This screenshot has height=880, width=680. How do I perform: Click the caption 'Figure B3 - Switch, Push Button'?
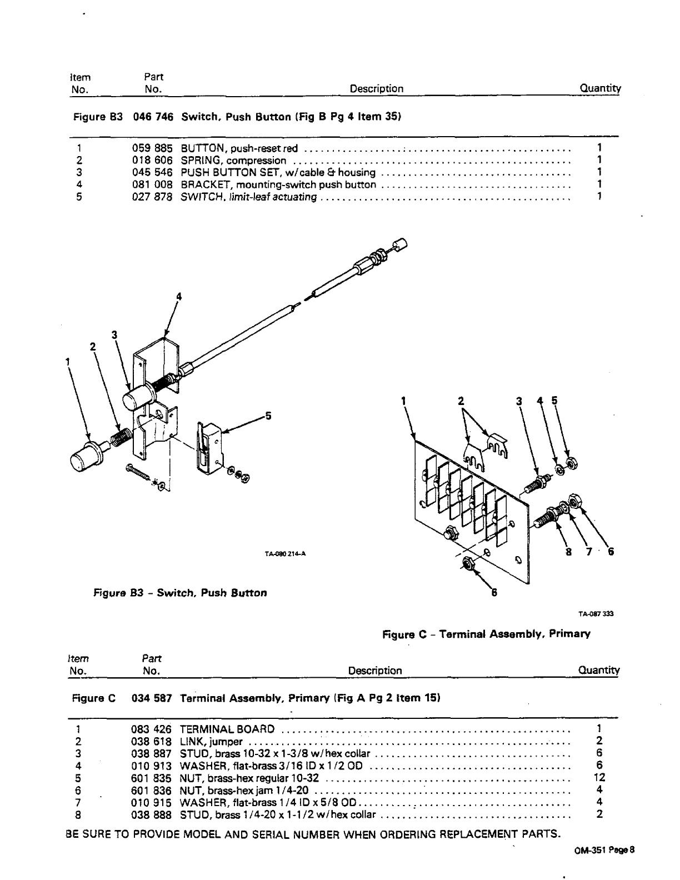point(180,593)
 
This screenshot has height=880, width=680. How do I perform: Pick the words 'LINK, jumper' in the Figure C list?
point(211,742)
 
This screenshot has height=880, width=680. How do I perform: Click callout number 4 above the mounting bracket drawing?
point(178,297)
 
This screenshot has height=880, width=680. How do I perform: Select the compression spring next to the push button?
point(120,438)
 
